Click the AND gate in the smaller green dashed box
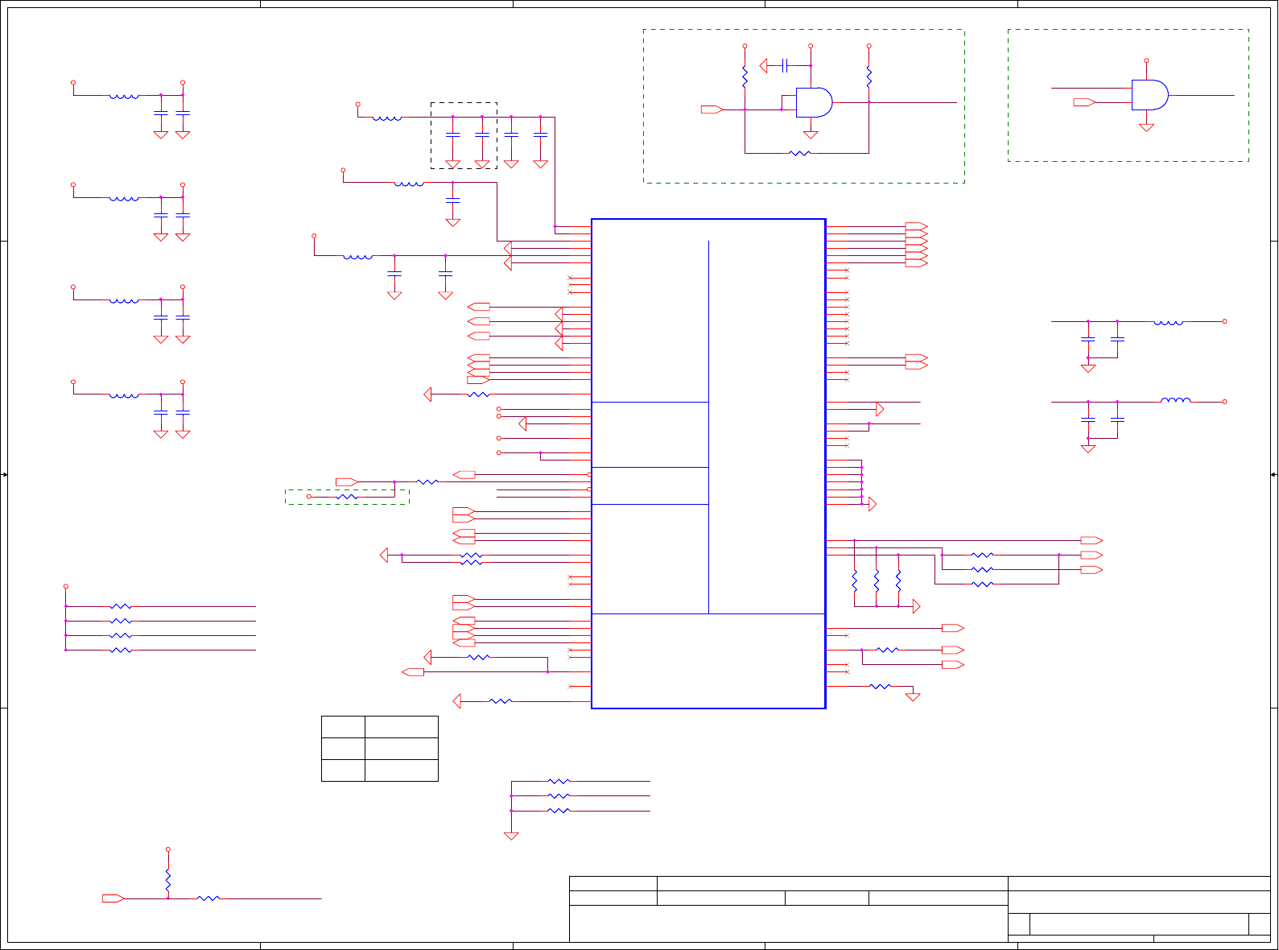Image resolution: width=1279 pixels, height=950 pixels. (1149, 95)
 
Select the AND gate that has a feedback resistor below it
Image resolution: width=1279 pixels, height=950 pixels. (814, 102)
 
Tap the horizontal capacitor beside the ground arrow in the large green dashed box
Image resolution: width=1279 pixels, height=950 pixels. (784, 65)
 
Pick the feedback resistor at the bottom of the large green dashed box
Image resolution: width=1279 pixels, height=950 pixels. (799, 153)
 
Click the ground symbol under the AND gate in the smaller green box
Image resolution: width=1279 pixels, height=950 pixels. (1146, 127)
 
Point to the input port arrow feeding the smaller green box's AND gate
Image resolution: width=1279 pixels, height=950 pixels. (1083, 102)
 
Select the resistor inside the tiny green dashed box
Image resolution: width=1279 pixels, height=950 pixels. (347, 497)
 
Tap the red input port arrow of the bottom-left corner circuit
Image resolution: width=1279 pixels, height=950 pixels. (113, 898)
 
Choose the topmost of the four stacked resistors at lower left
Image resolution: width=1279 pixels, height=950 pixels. (121, 606)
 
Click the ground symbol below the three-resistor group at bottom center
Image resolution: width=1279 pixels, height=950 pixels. (511, 836)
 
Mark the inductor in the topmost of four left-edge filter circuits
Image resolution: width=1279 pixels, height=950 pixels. (124, 96)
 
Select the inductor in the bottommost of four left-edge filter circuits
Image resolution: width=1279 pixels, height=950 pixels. (124, 394)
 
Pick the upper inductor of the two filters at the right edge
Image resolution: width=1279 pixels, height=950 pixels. (1168, 322)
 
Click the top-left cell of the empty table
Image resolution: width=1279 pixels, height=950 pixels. (343, 727)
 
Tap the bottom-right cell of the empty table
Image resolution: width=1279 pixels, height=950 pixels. (401, 770)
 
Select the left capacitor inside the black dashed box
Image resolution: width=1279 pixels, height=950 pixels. (452, 135)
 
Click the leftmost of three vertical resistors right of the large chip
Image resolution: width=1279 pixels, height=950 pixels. (854, 580)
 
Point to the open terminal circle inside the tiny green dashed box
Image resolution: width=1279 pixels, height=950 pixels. (308, 497)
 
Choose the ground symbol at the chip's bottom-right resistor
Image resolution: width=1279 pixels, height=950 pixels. (912, 696)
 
